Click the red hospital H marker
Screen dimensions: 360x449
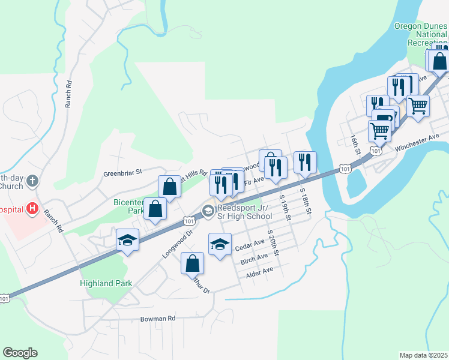click(x=32, y=209)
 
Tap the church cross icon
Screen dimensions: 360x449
click(x=32, y=181)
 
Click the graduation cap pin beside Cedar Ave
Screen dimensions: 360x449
click(x=220, y=244)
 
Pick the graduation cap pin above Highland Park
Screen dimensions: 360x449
click(x=127, y=241)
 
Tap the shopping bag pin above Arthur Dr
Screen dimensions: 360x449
click(x=192, y=263)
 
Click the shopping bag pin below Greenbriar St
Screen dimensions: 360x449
click(x=169, y=186)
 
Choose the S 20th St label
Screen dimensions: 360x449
click(x=273, y=242)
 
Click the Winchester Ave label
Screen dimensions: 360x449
click(x=417, y=142)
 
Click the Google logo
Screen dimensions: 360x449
click(x=20, y=353)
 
